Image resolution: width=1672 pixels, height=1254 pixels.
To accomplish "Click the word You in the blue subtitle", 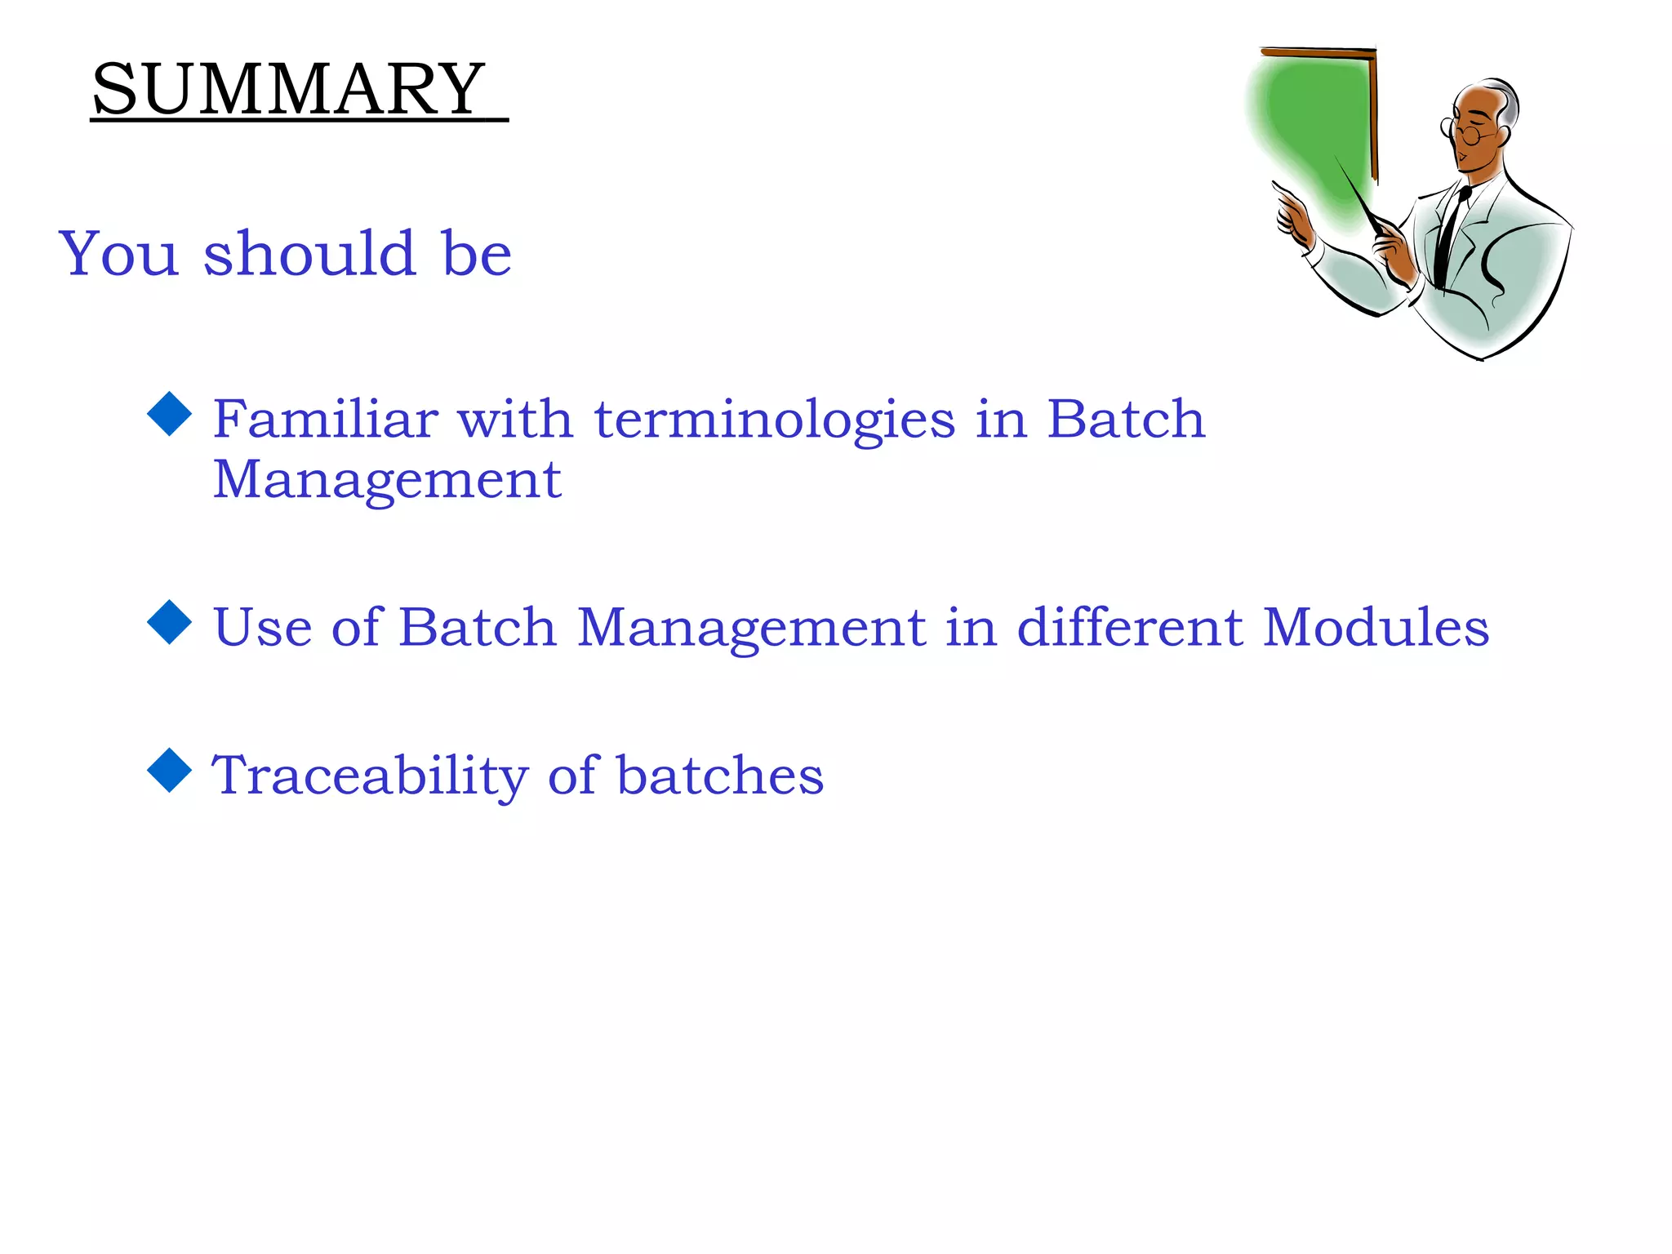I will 118,254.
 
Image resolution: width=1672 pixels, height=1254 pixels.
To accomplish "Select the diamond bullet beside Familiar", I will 169,414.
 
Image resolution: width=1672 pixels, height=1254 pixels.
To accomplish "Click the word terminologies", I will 774,420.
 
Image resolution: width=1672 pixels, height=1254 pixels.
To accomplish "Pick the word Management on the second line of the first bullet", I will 387,479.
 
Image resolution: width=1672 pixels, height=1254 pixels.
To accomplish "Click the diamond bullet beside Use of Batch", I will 169,622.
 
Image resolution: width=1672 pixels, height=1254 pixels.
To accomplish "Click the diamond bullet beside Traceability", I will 169,770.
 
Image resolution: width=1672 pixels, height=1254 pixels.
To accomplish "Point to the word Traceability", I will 370,776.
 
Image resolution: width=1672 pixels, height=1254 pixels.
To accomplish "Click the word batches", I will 719,775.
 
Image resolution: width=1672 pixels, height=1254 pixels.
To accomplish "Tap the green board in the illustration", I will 1314,122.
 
